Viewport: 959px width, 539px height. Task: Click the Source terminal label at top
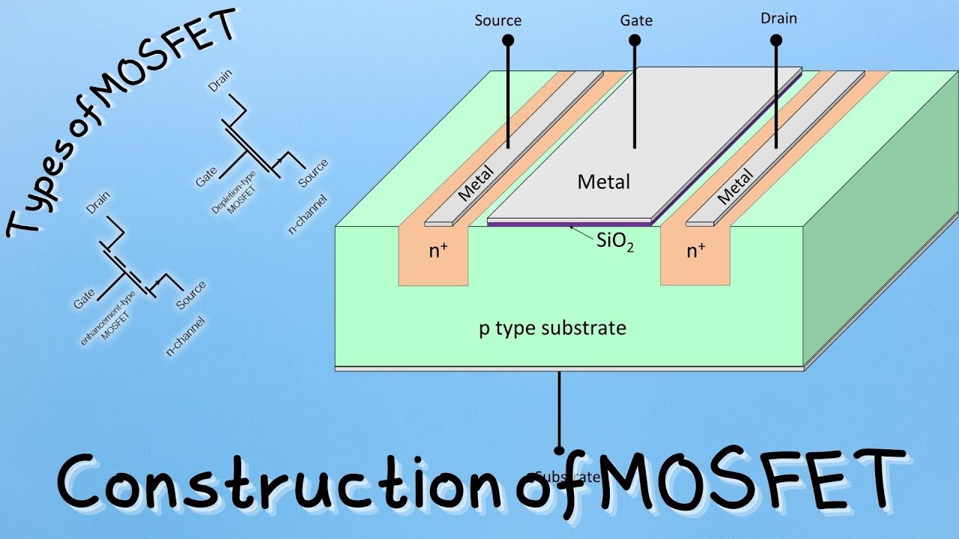point(498,19)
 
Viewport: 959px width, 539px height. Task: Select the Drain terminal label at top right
point(778,19)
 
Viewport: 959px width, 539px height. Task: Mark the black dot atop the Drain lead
point(776,40)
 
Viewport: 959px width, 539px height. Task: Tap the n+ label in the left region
point(439,251)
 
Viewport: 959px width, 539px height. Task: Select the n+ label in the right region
point(697,251)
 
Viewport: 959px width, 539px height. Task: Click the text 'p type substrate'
point(552,328)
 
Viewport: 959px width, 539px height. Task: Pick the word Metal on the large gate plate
point(604,181)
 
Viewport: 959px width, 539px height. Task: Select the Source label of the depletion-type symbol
point(312,173)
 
